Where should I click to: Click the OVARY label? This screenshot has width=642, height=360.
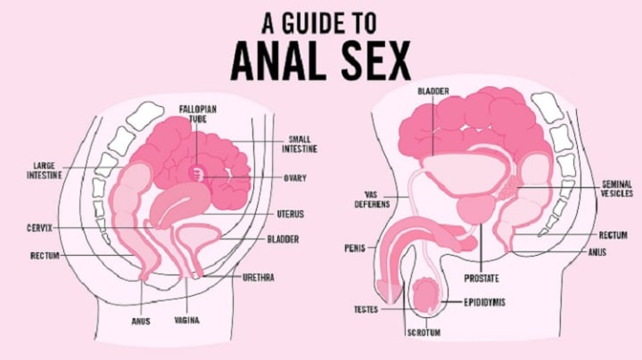click(296, 178)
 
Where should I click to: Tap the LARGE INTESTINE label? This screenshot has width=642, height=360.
click(45, 170)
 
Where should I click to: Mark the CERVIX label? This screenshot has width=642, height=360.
click(40, 228)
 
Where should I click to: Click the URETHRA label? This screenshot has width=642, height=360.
click(259, 278)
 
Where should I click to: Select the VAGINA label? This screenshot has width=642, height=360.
click(187, 319)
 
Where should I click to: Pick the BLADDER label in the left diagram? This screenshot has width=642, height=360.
click(283, 239)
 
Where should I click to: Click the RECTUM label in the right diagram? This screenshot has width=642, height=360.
click(613, 235)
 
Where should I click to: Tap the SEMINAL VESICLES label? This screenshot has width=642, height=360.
click(616, 188)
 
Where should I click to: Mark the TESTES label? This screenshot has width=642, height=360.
click(366, 309)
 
